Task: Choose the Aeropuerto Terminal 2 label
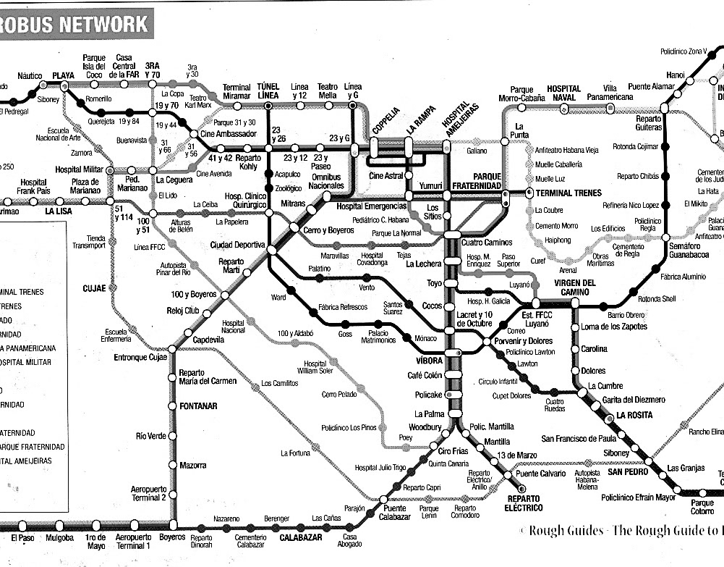coord(149,493)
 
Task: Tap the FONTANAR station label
coord(197,406)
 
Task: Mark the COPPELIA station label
coord(386,120)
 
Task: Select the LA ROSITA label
coord(634,416)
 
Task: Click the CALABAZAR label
coord(299,537)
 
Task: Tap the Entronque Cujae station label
coord(140,357)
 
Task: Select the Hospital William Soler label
coord(315,367)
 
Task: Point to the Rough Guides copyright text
coord(621,530)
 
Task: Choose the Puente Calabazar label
coord(394,512)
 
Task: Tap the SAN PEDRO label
coord(626,472)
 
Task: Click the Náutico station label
coord(30,75)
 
